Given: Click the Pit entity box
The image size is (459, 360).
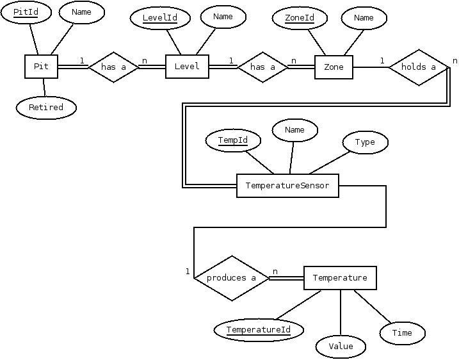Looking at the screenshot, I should coord(41,67).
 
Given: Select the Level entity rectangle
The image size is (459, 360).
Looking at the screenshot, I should coord(187,67).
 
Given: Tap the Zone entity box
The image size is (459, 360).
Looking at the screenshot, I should coord(334,67).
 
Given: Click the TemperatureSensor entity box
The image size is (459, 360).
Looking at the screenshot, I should coord(287,186).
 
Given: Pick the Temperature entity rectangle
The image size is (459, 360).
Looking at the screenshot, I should coord(339,278).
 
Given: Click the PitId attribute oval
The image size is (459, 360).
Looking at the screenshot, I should coord(26,13).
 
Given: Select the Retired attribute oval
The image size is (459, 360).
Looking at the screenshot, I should coord(46,108).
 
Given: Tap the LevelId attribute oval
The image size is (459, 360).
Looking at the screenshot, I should coord(159,18).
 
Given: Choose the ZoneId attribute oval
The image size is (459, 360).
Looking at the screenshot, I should coord(300,18).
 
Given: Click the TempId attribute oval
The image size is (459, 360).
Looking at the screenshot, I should coord(232,140).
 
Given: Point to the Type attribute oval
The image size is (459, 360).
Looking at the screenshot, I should coord(365,142).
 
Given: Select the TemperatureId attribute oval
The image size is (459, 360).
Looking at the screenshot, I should coord(259,330).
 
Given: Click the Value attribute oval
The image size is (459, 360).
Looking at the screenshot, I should coord(341,347).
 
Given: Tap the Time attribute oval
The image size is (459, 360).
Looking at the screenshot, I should coord(402,332).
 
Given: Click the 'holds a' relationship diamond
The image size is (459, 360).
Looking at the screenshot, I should coord(418,67).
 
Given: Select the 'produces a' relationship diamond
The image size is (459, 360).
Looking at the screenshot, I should coord(231,278).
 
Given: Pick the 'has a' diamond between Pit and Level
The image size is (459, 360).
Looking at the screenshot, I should coord(113,67).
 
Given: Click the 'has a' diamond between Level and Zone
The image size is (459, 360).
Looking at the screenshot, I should coord(262,67).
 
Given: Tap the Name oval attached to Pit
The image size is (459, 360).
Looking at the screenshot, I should coord(81,12).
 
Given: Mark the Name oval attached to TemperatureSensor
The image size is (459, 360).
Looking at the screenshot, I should coord(294,130).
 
